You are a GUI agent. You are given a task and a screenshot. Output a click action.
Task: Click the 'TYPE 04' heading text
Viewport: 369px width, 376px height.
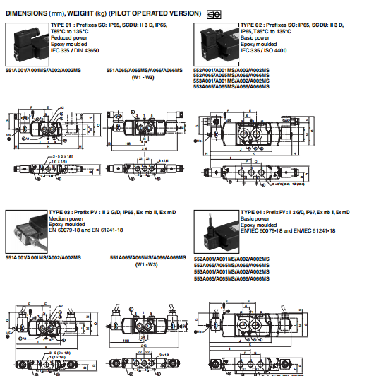[252, 213]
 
